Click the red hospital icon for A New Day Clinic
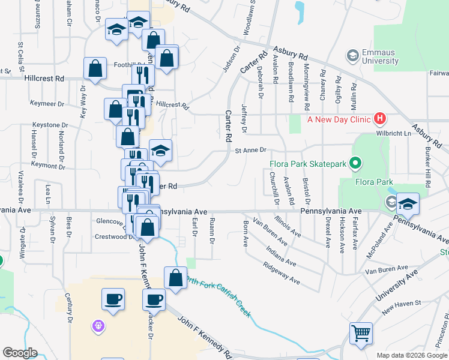pos(379,119)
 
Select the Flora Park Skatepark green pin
pos(355,163)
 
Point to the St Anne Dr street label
pos(250,151)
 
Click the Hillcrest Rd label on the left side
pos(44,79)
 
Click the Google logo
pos(20,353)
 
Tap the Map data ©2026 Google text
pos(412,355)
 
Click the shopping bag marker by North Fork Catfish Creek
pos(175,277)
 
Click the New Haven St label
pos(401,305)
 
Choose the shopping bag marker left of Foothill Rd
pos(95,68)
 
